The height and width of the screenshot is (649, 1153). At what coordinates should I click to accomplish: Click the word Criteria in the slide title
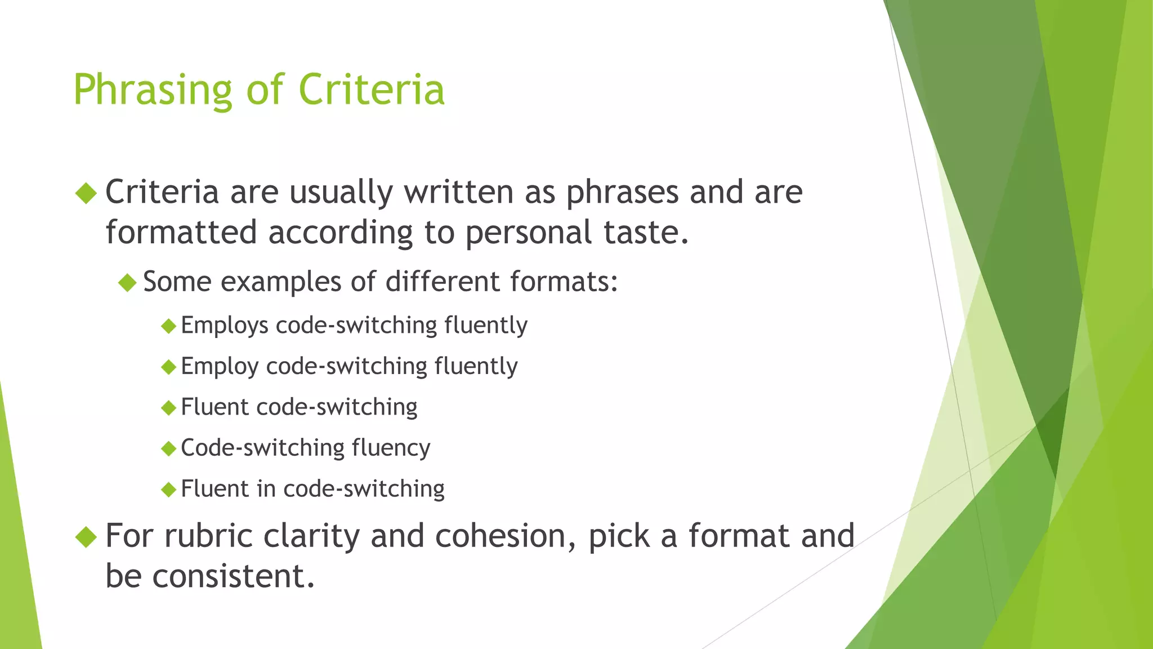372,90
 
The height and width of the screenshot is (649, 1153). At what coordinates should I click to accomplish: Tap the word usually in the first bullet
341,192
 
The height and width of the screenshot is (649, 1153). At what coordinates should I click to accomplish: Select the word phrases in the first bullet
623,192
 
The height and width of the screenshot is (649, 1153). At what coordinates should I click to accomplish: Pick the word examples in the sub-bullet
281,282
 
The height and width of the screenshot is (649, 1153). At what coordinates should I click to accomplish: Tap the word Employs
225,326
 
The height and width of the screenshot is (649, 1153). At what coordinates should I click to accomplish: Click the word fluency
391,448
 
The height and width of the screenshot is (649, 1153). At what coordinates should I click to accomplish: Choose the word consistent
233,576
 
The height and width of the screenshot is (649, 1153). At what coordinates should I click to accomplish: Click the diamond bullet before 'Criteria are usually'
86,193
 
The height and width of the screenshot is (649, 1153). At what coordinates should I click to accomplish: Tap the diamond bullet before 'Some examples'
128,282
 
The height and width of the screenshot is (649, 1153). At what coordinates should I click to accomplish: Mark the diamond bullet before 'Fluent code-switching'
168,408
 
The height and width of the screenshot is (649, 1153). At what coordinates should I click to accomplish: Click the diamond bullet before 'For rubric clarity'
86,536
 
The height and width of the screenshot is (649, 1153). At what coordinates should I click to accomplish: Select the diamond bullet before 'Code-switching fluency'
168,449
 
